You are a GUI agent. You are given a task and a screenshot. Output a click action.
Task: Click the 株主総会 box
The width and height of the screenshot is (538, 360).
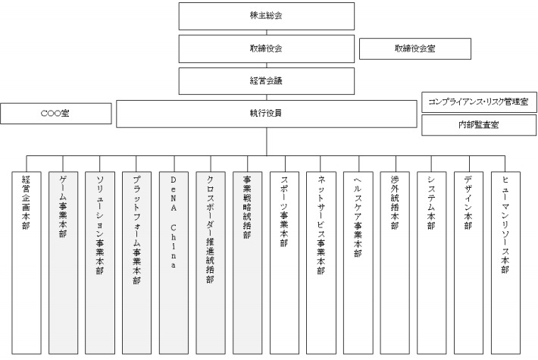(x=266, y=16)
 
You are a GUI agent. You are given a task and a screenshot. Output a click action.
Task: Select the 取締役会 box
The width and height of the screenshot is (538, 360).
(x=266, y=49)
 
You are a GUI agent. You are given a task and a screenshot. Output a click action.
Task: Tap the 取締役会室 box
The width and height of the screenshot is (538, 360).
(x=414, y=49)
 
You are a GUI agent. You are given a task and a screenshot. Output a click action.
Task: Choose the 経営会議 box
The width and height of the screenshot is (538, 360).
(x=266, y=81)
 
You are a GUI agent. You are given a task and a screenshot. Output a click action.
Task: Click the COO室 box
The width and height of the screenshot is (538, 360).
(x=56, y=114)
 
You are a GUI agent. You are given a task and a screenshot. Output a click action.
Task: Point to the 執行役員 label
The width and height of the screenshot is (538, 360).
(x=266, y=113)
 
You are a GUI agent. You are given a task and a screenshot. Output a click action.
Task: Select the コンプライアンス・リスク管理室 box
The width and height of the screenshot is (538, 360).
(x=479, y=102)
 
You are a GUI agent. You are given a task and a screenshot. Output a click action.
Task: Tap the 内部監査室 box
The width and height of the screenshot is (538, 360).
(x=479, y=125)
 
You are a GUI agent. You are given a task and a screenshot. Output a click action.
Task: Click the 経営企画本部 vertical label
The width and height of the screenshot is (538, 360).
(x=26, y=202)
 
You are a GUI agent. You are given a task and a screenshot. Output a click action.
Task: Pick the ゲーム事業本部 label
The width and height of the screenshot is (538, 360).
(x=63, y=207)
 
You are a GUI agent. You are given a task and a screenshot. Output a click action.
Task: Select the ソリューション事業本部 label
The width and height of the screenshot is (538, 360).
(x=99, y=225)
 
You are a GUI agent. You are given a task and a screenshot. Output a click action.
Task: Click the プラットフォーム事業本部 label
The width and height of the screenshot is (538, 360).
(x=136, y=230)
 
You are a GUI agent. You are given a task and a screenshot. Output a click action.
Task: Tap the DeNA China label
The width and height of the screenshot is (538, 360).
(x=174, y=222)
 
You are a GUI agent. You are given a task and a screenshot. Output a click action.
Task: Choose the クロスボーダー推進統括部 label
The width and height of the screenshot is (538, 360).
(x=211, y=230)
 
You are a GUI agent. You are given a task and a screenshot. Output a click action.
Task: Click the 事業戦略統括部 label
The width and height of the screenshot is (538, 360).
(x=247, y=207)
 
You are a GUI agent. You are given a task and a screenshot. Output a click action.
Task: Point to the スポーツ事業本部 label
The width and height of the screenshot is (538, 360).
(x=284, y=211)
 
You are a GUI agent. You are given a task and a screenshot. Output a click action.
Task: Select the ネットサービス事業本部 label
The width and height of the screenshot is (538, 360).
(x=321, y=225)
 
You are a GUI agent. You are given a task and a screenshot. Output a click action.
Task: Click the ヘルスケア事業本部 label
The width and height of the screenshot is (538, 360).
(x=358, y=217)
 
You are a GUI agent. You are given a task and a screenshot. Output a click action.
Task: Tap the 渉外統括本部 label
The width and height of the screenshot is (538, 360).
(x=395, y=202)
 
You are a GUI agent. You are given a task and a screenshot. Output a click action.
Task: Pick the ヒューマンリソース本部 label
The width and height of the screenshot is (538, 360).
(x=505, y=224)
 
